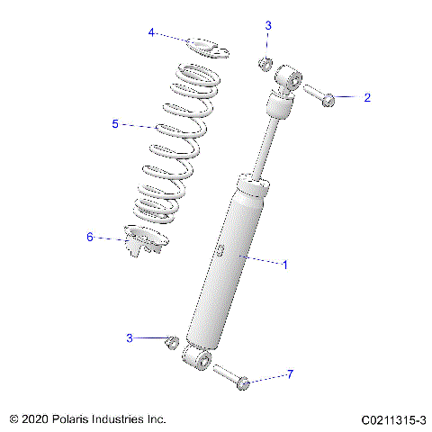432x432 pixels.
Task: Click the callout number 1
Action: [285, 265]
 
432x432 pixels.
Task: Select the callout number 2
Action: [366, 98]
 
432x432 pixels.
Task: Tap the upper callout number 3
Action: [267, 26]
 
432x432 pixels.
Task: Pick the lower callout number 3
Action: [130, 338]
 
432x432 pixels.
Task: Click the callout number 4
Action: [152, 33]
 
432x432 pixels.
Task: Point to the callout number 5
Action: [115, 124]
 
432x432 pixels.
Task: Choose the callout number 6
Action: [90, 238]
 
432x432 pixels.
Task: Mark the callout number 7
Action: [290, 374]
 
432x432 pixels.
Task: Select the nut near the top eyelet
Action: [265, 63]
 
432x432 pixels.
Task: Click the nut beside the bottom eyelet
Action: [171, 342]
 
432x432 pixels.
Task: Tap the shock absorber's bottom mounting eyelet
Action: [198, 359]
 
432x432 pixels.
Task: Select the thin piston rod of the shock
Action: [264, 148]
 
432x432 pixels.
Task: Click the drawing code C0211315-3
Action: [393, 420]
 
